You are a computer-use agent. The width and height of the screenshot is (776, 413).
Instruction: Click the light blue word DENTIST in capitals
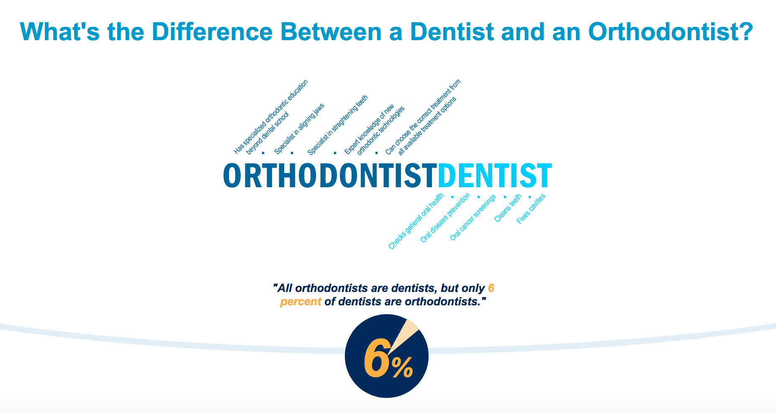point(495,176)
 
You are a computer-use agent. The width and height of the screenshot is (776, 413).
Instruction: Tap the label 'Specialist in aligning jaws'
point(299,129)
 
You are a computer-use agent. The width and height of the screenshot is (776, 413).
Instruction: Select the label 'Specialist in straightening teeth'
point(337,125)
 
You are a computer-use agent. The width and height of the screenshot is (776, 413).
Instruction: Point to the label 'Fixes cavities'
point(531,209)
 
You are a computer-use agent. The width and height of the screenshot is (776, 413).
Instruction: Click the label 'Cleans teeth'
point(508,208)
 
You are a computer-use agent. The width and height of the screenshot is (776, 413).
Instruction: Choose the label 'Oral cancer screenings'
point(473,217)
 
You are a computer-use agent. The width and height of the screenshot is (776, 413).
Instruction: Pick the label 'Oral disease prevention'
point(445,218)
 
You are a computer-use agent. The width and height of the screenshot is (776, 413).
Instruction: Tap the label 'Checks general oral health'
point(416,221)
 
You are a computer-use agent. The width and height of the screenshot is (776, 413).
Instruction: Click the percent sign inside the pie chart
point(402,367)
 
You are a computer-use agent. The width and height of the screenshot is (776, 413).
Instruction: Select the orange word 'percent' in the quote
point(301,302)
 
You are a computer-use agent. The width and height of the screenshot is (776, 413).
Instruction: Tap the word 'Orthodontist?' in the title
point(671,32)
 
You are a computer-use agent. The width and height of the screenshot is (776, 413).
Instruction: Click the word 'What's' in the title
point(60,32)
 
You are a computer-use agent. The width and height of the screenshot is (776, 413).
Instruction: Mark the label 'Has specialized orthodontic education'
point(271,116)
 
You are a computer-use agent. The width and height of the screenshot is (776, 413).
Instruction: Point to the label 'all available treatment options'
point(427,126)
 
